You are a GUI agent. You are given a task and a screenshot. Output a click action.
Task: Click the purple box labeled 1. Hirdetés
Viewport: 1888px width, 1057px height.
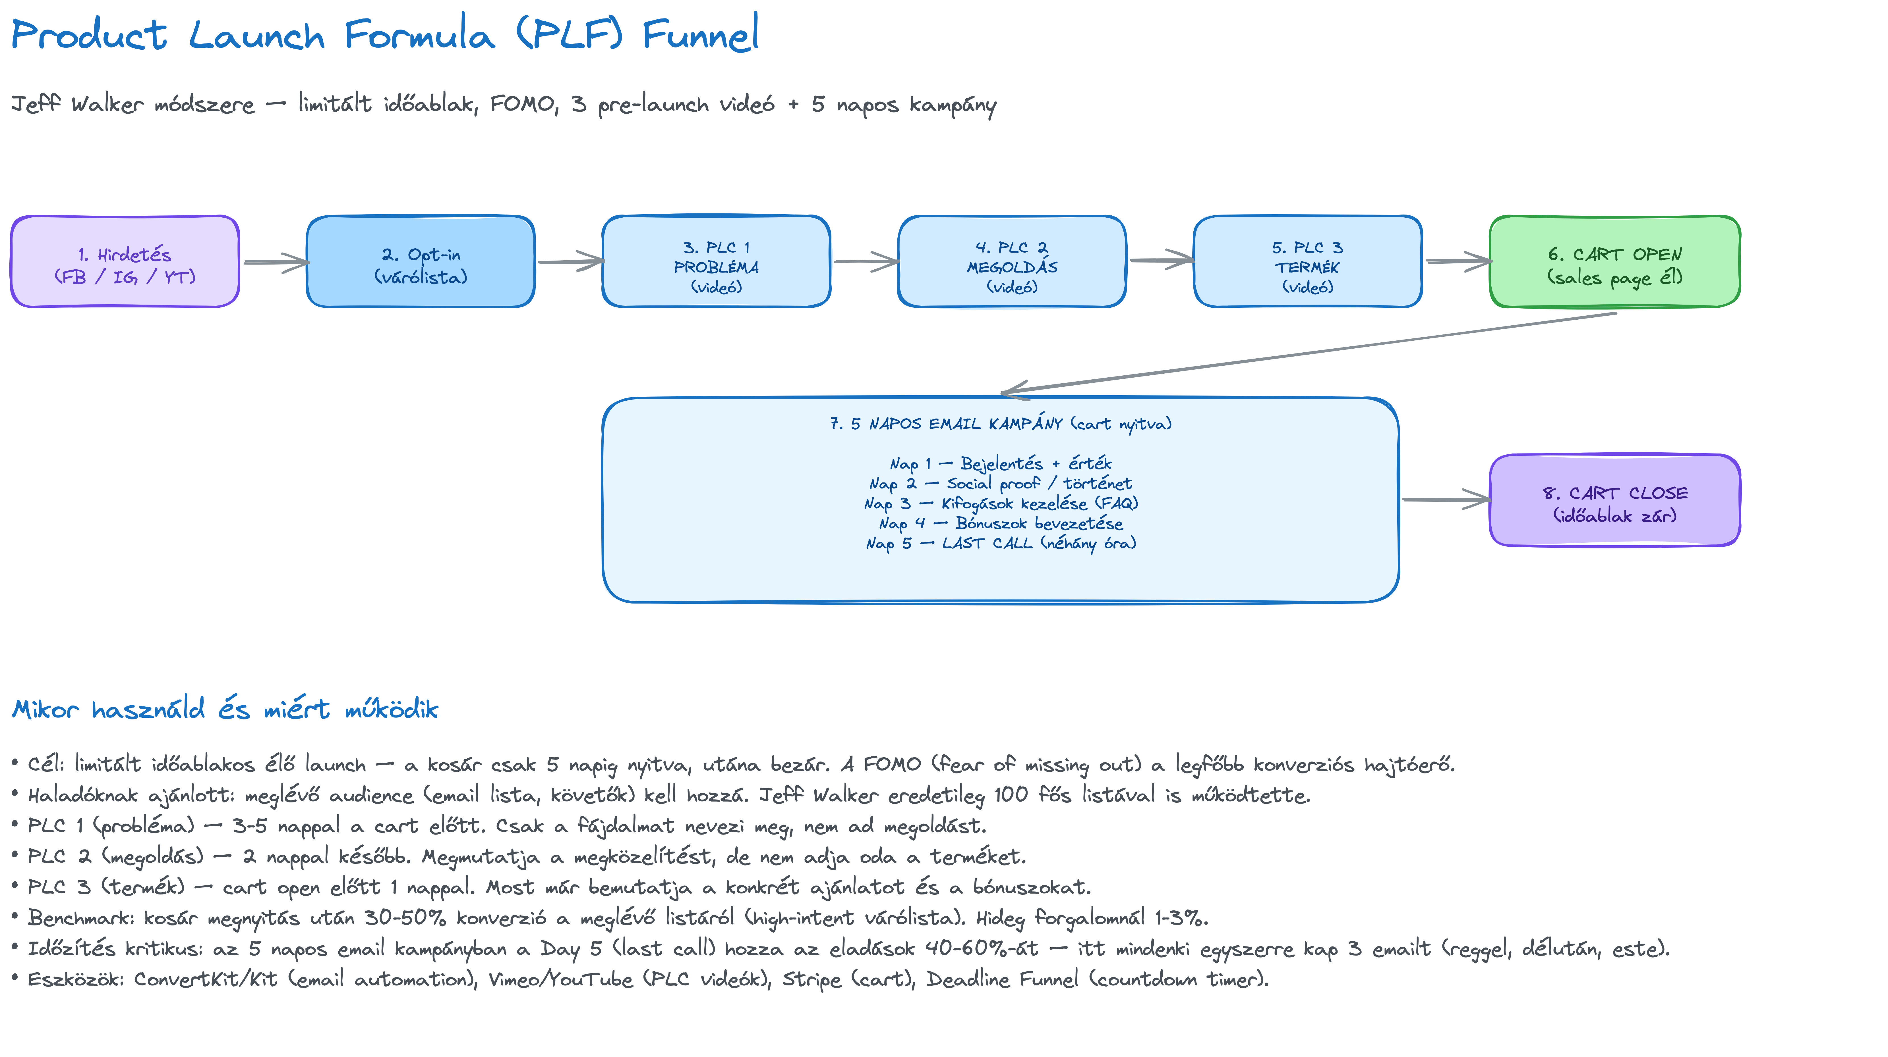pyautogui.click(x=125, y=261)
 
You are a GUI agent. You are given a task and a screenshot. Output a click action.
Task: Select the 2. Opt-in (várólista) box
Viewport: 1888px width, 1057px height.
pyautogui.click(x=421, y=261)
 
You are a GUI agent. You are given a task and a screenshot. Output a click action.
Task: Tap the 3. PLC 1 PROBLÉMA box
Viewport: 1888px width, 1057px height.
pyautogui.click(x=716, y=261)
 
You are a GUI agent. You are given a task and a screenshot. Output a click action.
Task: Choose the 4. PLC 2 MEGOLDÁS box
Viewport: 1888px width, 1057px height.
pyautogui.click(x=1012, y=261)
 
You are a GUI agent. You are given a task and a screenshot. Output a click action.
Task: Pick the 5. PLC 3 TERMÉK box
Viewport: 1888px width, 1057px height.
pyautogui.click(x=1308, y=261)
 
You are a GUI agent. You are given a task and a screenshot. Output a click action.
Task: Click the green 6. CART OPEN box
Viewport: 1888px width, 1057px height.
pyautogui.click(x=1615, y=261)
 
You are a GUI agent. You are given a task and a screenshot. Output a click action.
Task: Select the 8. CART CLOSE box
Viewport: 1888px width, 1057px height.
pyautogui.click(x=1615, y=500)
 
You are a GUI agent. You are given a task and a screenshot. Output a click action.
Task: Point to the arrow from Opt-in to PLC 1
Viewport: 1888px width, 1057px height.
pyautogui.click(x=571, y=261)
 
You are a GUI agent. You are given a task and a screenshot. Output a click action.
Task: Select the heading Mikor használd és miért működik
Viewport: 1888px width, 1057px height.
pyautogui.click(x=225, y=709)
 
